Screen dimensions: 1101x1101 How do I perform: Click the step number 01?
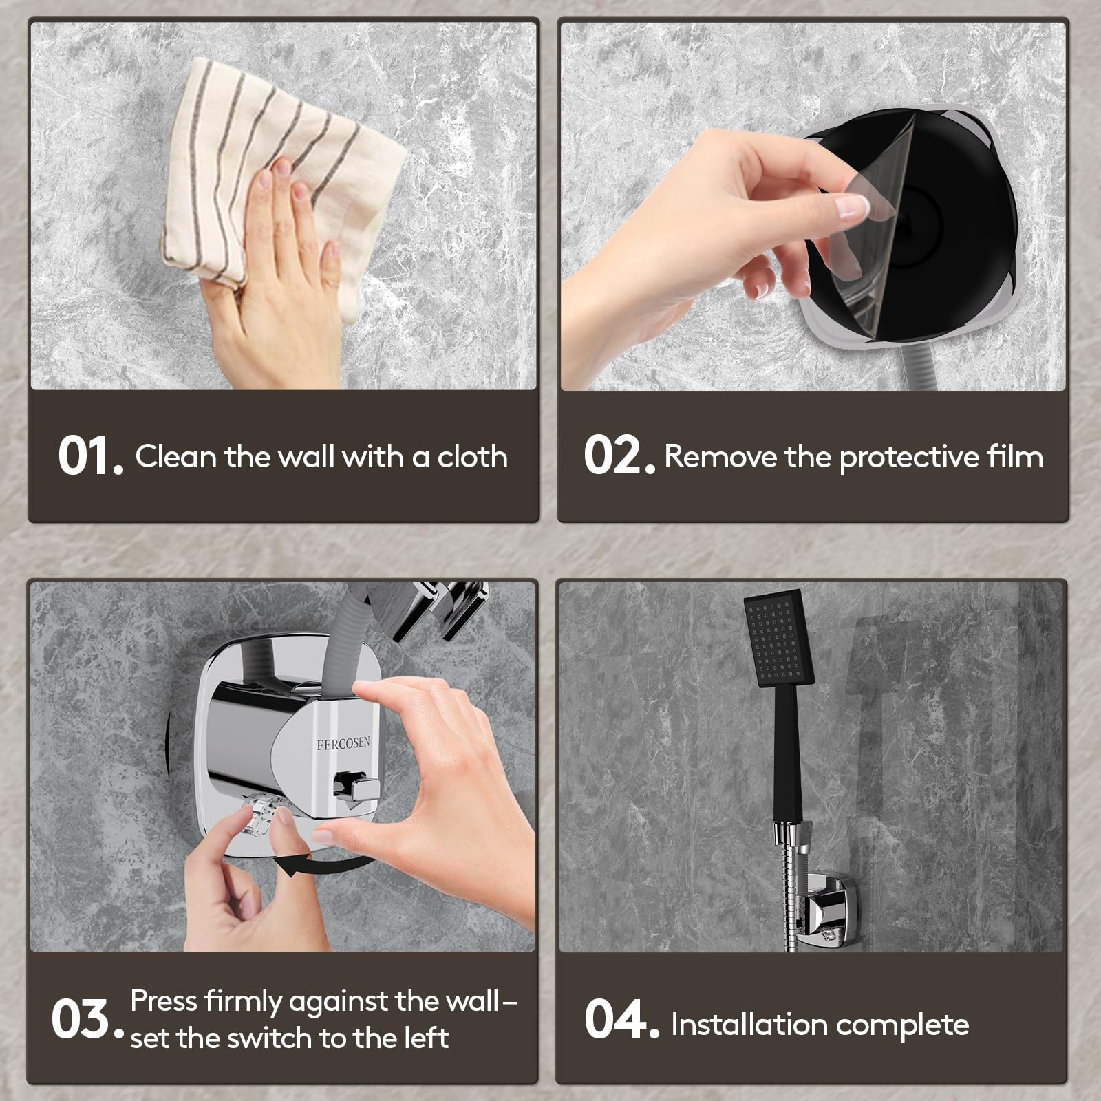pos(90,456)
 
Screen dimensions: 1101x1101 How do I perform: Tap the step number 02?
pos(619,456)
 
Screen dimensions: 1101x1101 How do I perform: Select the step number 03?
pos(87,1020)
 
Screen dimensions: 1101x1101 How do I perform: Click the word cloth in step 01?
pos(473,456)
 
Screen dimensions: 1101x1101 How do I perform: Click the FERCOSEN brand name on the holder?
pos(343,743)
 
